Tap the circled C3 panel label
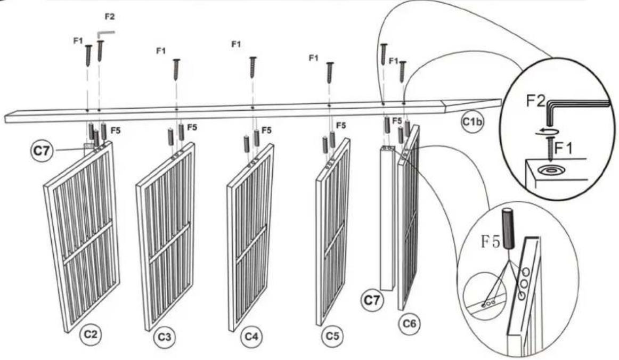click(165, 338)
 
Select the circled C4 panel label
click(251, 337)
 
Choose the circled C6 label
click(409, 324)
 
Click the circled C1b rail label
click(472, 121)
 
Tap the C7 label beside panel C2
click(42, 151)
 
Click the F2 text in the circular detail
click(535, 101)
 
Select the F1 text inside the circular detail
click(564, 149)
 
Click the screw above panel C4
click(253, 67)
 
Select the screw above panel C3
click(176, 69)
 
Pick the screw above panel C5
click(329, 72)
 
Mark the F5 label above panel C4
click(266, 130)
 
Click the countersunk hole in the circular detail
click(551, 170)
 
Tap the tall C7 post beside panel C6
click(388, 218)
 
